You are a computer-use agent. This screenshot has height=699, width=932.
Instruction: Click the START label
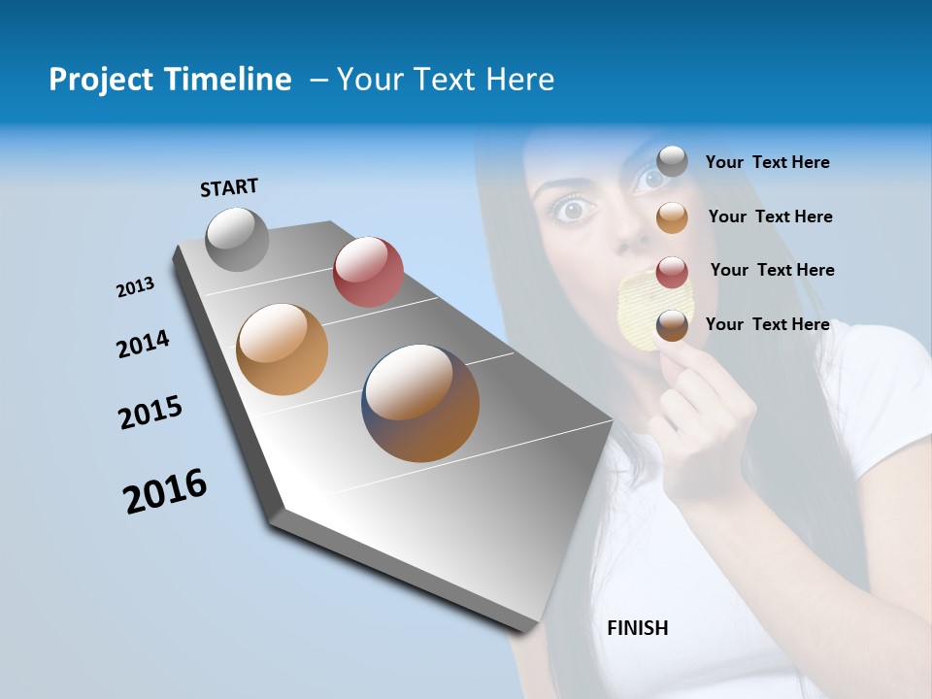click(x=229, y=186)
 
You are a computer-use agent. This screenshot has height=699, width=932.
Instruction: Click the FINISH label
click(x=637, y=628)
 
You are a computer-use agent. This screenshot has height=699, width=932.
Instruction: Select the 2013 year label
click(x=135, y=286)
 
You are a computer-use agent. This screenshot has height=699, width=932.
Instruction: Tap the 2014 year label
click(x=143, y=344)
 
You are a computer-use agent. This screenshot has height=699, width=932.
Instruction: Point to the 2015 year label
click(x=150, y=413)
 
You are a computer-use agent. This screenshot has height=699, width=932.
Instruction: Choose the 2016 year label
click(x=165, y=491)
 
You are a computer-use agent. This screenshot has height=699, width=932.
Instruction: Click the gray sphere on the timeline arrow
click(x=237, y=239)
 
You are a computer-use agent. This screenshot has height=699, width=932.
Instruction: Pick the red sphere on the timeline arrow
click(x=368, y=272)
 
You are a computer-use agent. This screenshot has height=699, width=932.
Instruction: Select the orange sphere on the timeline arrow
click(x=283, y=349)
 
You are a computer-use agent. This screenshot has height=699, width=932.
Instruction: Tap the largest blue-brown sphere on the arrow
click(x=420, y=403)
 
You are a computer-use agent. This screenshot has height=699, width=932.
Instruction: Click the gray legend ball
click(x=672, y=162)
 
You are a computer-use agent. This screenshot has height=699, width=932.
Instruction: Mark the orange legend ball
click(x=672, y=216)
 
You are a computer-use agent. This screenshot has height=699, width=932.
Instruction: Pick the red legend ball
click(x=672, y=271)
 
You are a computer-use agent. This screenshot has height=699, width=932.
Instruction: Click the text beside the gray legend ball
click(x=767, y=162)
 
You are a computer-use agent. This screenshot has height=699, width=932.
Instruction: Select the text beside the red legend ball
click(x=772, y=270)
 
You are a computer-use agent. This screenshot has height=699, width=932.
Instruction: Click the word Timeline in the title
click(x=228, y=80)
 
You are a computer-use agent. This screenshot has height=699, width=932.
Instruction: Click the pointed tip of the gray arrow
click(x=530, y=629)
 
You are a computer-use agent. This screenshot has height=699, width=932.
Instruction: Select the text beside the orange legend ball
click(x=770, y=216)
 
